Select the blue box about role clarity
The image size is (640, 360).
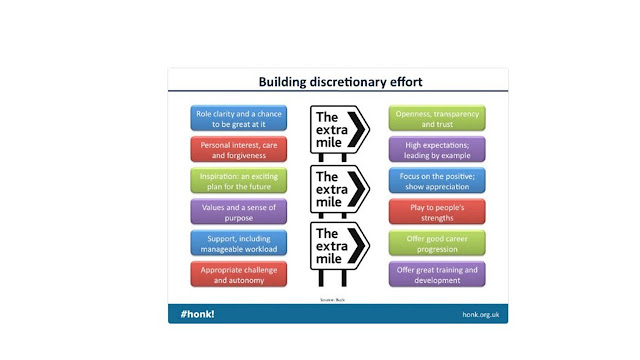click(239, 118)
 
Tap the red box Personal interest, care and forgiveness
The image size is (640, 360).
click(239, 149)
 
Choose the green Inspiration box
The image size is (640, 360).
click(239, 181)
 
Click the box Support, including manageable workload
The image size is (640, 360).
click(239, 243)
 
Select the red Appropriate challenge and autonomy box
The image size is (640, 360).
click(239, 274)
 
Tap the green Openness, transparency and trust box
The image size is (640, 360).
click(436, 118)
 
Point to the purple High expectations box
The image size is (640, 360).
click(436, 149)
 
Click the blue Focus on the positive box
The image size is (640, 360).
click(436, 181)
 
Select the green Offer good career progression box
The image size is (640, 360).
click(436, 243)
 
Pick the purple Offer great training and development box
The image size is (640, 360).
click(436, 274)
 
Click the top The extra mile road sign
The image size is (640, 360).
click(339, 130)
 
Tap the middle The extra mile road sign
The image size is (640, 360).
click(339, 189)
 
